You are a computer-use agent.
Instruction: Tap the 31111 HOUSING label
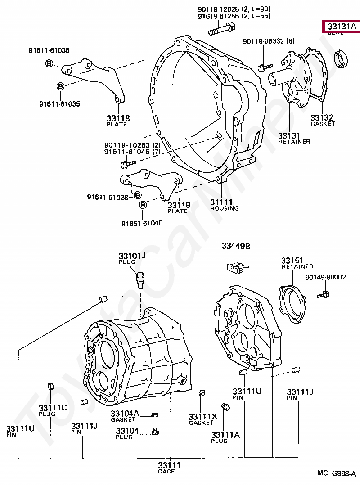click(x=224, y=205)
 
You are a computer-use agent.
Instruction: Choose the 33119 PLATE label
click(x=179, y=207)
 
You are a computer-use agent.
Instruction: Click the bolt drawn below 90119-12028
click(x=220, y=31)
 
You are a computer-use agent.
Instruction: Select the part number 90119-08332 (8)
click(x=269, y=41)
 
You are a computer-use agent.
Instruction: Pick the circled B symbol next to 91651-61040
click(x=143, y=205)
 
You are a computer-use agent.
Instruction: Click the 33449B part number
click(x=235, y=246)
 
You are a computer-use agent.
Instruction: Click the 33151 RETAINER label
click(x=297, y=263)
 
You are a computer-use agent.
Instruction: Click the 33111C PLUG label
click(x=52, y=410)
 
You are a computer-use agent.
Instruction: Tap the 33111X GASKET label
click(x=202, y=419)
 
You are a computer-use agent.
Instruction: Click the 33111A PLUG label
click(x=225, y=437)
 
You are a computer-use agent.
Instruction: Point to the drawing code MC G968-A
click(x=337, y=473)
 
